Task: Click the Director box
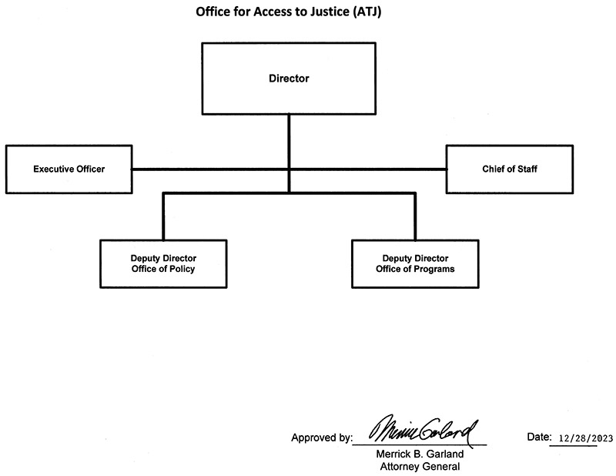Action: point(289,79)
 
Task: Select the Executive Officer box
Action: point(69,169)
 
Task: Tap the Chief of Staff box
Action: point(509,169)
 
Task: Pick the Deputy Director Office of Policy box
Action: point(163,263)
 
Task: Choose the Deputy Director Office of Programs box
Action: point(415,263)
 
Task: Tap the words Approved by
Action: point(320,438)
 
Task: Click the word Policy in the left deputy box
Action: point(182,269)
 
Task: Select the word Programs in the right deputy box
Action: point(434,269)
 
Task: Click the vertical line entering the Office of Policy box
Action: point(163,220)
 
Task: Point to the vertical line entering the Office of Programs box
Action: point(415,220)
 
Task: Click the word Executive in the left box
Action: point(54,169)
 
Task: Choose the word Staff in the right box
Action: point(526,169)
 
